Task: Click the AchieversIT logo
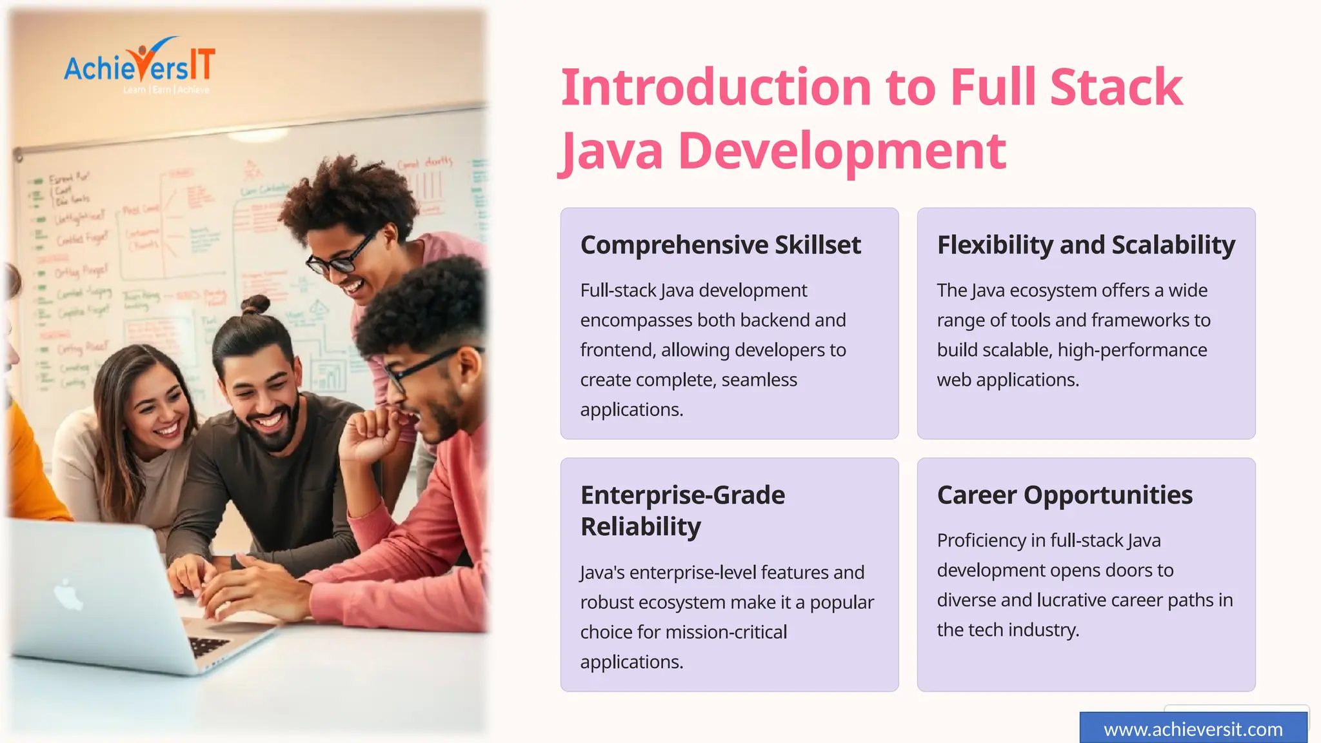pos(139,66)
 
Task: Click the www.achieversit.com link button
pos(1193,729)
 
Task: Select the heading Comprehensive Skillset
pos(720,245)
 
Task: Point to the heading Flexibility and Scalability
pos(1086,245)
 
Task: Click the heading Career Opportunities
pos(1065,495)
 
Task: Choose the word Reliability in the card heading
pos(641,527)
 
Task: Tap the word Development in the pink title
pos(842,151)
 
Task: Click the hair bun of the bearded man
pos(255,304)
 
